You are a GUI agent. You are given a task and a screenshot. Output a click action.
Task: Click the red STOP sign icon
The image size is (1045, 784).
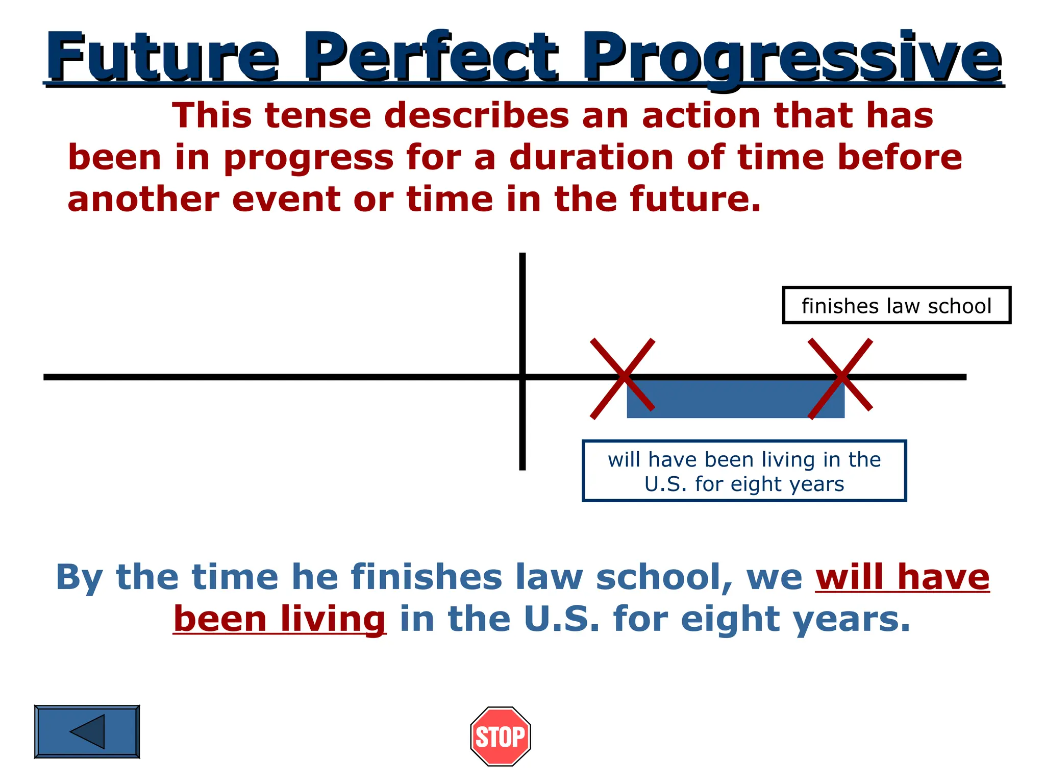click(x=500, y=736)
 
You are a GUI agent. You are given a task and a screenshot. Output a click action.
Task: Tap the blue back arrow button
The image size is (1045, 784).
click(x=87, y=731)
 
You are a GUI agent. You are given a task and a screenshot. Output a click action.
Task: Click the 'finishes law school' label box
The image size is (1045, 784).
click(x=896, y=306)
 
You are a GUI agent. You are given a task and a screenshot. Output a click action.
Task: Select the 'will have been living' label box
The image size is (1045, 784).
click(x=744, y=471)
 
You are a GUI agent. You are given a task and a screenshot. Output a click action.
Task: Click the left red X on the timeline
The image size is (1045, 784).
click(x=623, y=378)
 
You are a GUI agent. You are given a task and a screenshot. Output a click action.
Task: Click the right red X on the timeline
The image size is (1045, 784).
click(x=840, y=378)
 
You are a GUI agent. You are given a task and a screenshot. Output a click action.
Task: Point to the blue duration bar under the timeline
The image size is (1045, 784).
click(x=735, y=400)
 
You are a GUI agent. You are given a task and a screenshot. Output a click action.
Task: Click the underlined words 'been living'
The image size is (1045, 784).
click(x=280, y=619)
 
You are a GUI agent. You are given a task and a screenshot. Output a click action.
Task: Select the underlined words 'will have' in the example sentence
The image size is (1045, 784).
click(x=902, y=577)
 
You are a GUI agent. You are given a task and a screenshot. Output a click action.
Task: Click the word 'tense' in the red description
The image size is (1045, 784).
click(x=318, y=115)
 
